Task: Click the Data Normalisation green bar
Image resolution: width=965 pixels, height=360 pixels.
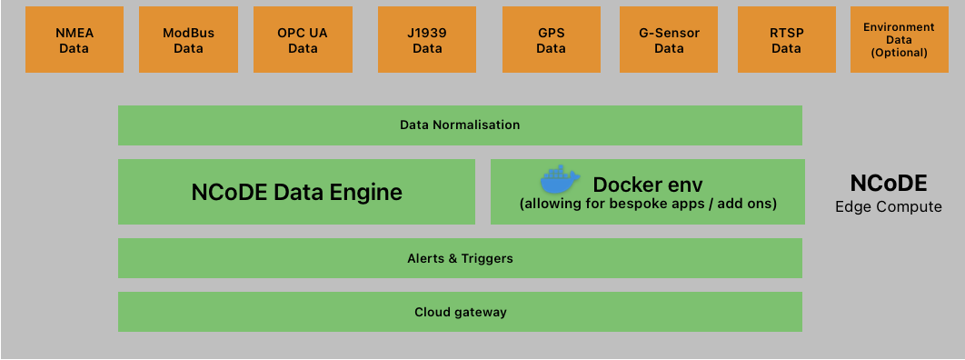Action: point(460,125)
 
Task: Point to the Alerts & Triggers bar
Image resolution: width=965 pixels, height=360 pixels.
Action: point(460,258)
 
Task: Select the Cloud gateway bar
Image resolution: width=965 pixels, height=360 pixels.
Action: point(460,312)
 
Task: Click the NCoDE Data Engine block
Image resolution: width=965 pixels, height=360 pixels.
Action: point(296,192)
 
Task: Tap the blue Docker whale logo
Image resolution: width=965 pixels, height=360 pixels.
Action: point(561,179)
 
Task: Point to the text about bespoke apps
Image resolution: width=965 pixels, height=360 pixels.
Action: point(647,205)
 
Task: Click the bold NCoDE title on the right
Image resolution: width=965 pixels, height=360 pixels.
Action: point(888,184)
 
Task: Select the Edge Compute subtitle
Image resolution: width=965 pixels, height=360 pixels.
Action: point(888,207)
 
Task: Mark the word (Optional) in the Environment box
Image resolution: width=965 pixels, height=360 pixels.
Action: point(898,53)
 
